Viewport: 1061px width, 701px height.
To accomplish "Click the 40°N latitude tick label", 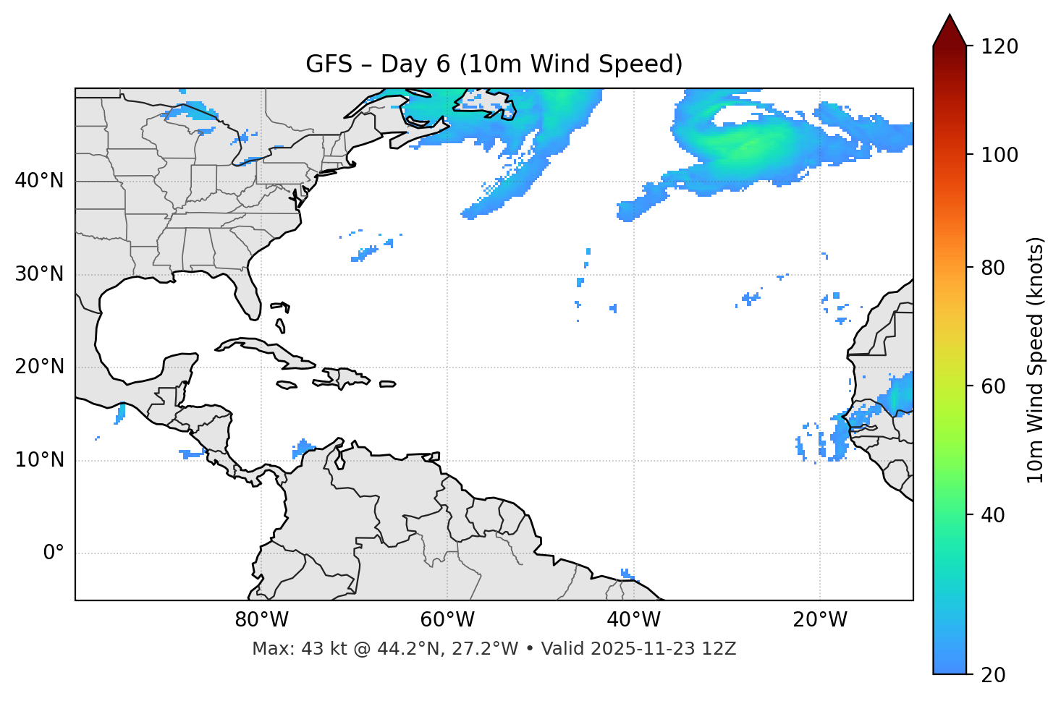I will click(39, 181).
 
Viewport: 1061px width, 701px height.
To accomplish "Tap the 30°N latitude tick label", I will click(39, 274).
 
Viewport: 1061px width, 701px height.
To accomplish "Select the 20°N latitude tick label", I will click(39, 367).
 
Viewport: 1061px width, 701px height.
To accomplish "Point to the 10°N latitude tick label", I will click(39, 460).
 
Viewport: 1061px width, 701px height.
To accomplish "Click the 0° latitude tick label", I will click(54, 553).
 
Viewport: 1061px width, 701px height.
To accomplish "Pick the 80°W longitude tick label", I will click(261, 620).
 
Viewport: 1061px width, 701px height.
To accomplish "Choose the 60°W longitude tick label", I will click(447, 620).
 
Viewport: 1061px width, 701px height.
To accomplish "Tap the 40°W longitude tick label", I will click(634, 620).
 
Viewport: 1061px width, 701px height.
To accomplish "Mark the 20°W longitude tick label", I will click(820, 620).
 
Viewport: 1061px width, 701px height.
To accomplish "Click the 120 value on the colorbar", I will click(999, 47).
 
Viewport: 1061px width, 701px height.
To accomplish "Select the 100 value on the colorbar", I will click(999, 155).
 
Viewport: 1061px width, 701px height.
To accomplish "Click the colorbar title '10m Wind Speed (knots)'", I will click(1036, 360).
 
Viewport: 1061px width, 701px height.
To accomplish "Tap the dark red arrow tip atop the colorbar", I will click(950, 29).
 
